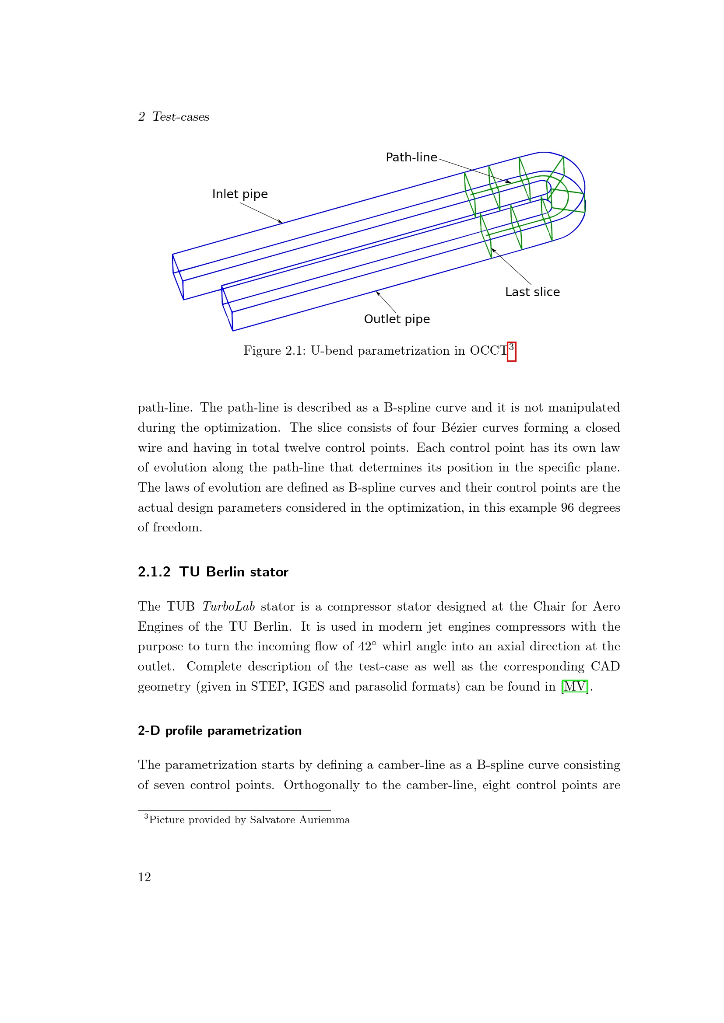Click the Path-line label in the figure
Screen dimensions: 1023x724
[411, 157]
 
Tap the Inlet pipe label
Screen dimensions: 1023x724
[240, 194]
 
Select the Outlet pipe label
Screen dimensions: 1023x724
[397, 319]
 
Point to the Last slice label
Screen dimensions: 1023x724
[532, 292]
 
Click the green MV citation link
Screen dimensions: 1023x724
[575, 687]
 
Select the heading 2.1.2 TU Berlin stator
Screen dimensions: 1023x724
[213, 572]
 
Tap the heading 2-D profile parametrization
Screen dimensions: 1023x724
[220, 731]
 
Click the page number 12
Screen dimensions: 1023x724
[144, 877]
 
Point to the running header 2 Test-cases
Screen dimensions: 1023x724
[174, 117]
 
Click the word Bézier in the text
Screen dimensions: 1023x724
[457, 428]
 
